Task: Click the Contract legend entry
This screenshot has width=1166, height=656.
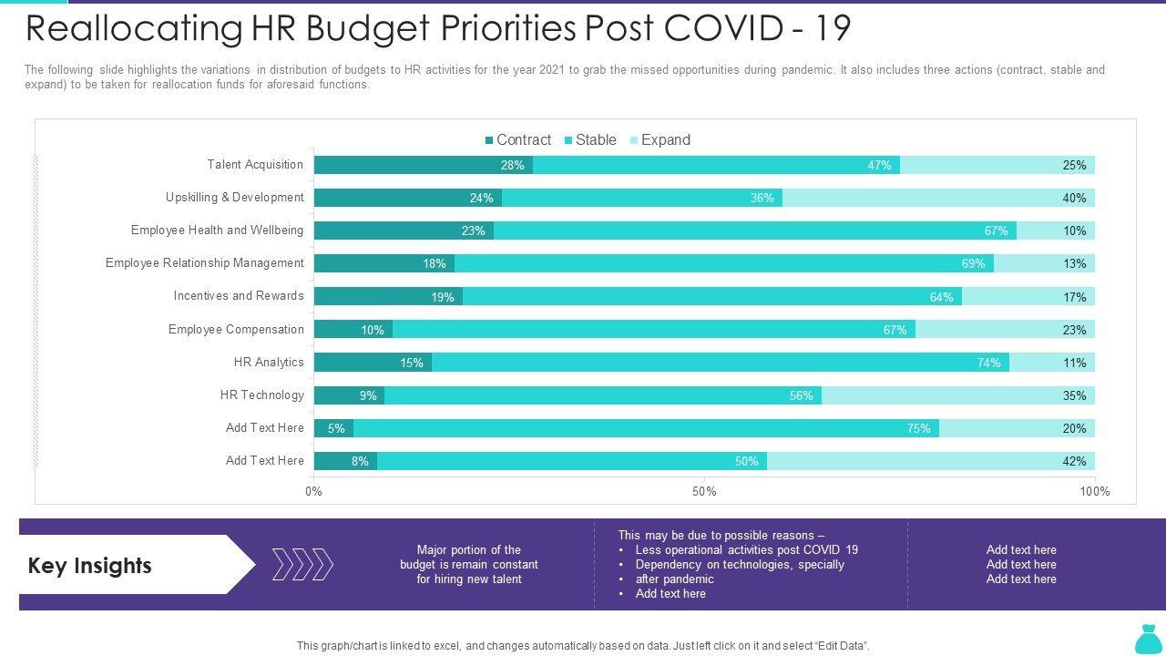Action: (517, 140)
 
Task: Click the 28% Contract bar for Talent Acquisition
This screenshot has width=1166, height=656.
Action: (423, 165)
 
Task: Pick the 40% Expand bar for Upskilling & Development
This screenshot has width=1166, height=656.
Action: (938, 198)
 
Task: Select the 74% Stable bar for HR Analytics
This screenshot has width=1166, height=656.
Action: (720, 363)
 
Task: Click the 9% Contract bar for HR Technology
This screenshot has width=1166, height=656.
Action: (349, 395)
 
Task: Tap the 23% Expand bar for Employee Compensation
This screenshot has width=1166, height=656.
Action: (1005, 330)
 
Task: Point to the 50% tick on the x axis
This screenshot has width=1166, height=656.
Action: (704, 492)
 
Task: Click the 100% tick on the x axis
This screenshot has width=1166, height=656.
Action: (1094, 492)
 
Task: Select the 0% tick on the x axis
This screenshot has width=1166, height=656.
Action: (313, 492)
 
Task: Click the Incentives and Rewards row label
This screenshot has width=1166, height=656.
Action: (239, 296)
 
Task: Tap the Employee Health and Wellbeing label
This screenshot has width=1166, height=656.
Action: (217, 231)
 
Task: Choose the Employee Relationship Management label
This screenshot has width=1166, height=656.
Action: (204, 263)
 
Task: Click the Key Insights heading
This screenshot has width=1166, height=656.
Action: (90, 566)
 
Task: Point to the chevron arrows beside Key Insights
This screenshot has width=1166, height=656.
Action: (302, 565)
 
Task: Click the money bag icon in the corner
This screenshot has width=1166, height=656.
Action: (1147, 639)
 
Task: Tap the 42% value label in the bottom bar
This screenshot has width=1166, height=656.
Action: (1074, 461)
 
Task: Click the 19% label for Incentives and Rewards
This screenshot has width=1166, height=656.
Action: (443, 297)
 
